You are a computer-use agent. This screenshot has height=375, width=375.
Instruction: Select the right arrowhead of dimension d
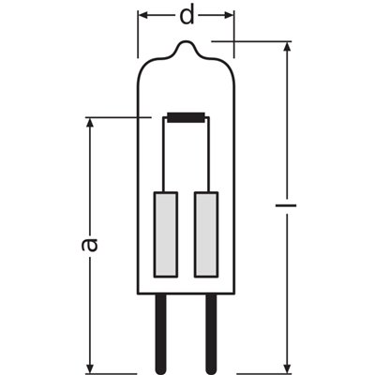(230, 16)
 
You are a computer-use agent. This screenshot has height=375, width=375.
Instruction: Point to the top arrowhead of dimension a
(90, 124)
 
